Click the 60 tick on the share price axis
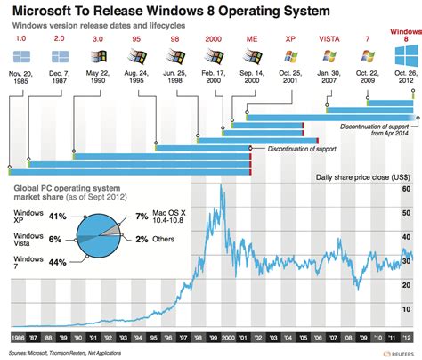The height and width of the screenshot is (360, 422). [405, 189]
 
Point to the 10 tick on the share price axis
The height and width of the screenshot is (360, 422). [405, 311]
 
